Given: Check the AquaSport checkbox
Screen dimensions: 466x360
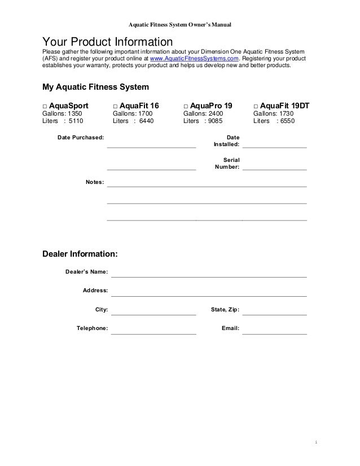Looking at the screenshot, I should click(x=45, y=106).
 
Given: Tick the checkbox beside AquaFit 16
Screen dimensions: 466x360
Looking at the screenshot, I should click(x=115, y=106).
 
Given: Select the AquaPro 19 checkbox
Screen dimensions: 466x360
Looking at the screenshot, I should click(x=186, y=106).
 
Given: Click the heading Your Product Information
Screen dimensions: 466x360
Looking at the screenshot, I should click(x=107, y=42).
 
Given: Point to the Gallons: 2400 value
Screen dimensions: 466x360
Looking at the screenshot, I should click(x=203, y=113).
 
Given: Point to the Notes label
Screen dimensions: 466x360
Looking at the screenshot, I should click(x=94, y=182).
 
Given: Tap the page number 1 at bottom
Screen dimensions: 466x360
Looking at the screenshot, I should click(x=317, y=441).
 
